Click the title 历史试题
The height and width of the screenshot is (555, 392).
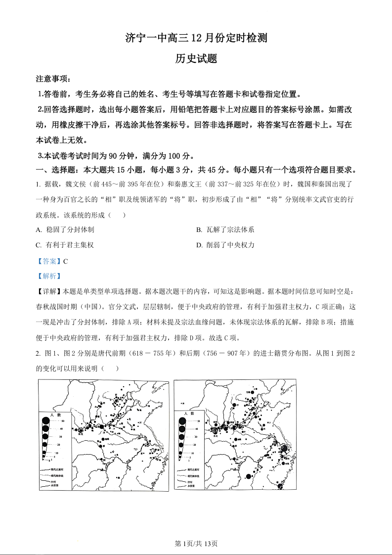tap(196, 58)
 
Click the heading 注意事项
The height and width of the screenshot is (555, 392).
tap(53, 79)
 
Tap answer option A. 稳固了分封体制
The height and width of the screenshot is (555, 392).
tap(65, 230)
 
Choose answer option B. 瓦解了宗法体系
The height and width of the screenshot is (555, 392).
tap(225, 230)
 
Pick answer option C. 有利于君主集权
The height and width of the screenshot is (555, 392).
tap(65, 245)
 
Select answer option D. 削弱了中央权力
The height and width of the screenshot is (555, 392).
tap(225, 245)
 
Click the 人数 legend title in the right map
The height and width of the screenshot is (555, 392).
tap(189, 414)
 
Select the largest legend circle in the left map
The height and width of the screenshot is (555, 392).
tap(46, 421)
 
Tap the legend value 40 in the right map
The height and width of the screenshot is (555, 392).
tap(196, 429)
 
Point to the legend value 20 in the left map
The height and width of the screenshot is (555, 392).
tap(59, 445)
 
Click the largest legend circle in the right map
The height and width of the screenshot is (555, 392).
tap(182, 421)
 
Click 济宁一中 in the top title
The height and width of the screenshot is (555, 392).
tap(143, 38)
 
